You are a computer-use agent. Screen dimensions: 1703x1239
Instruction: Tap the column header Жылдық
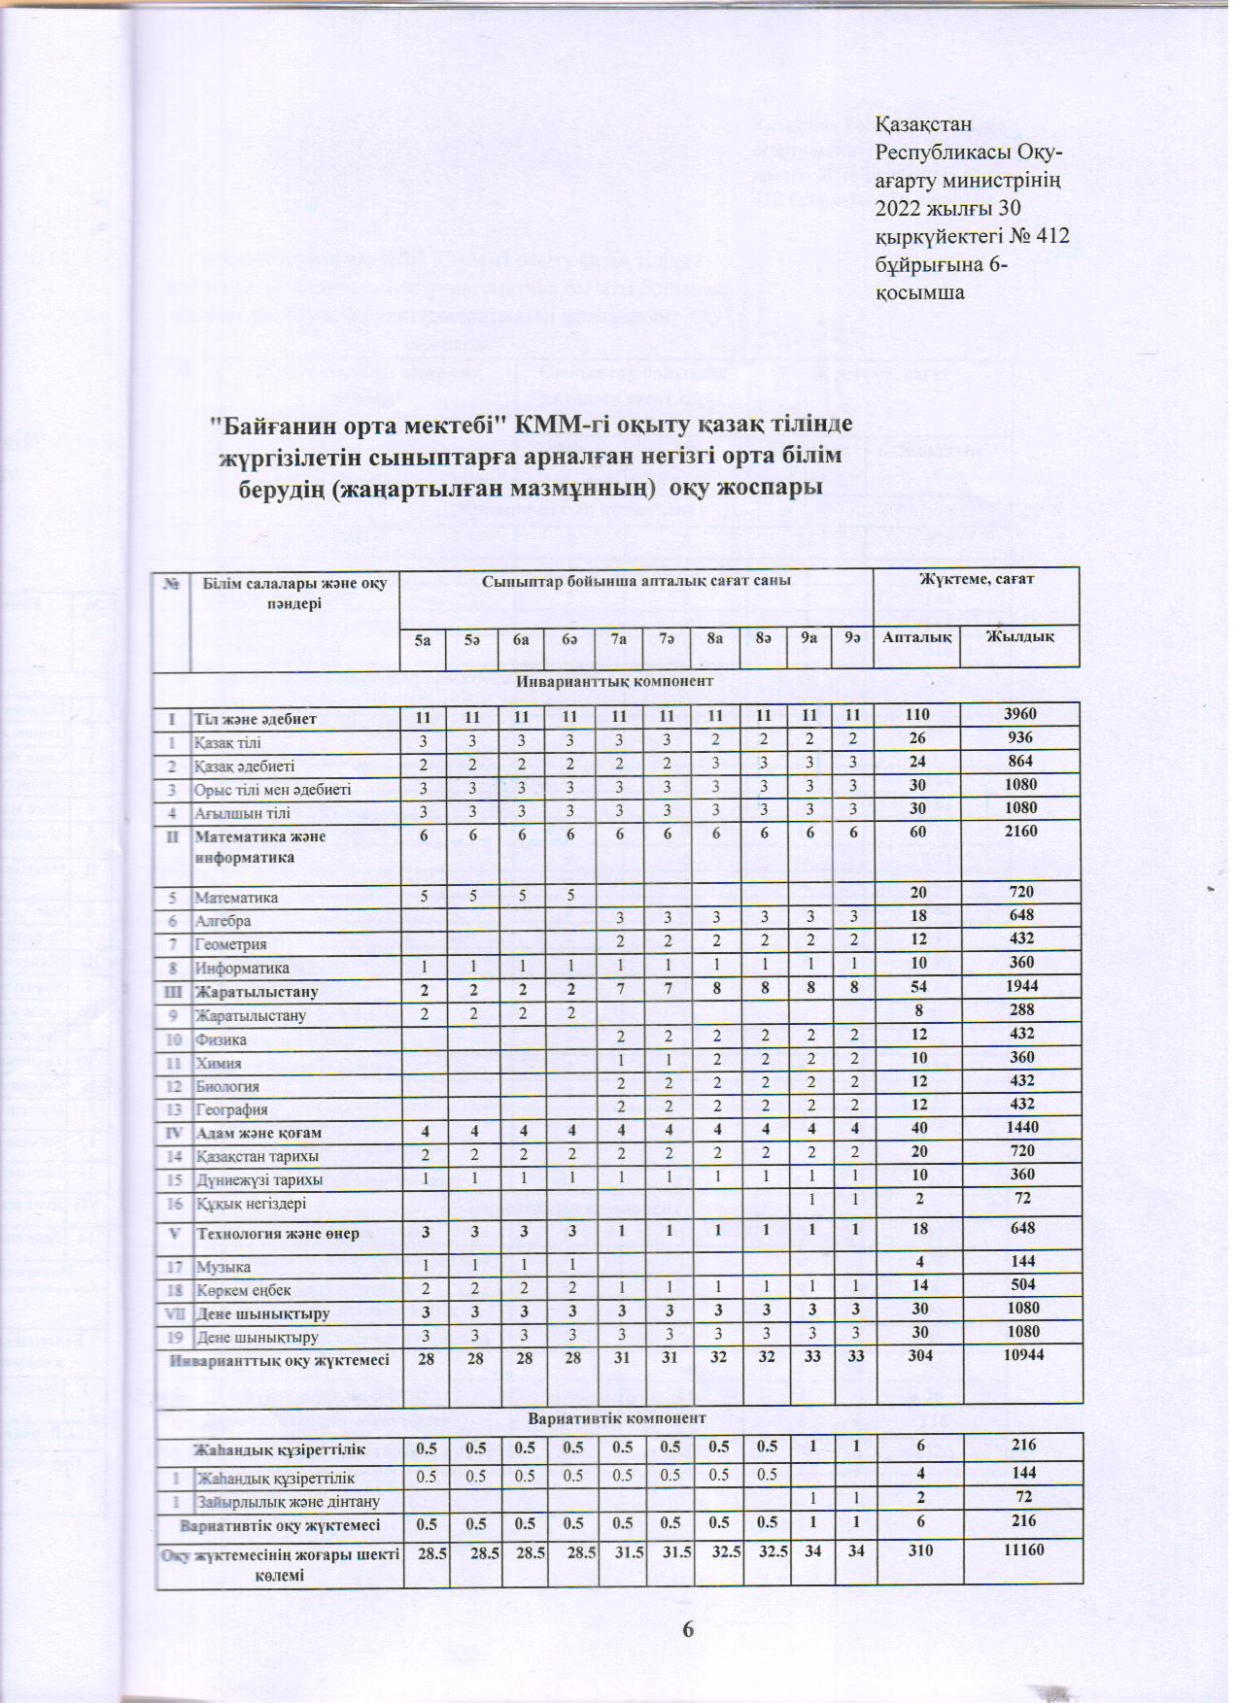click(x=1018, y=637)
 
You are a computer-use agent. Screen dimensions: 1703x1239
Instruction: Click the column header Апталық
click(x=915, y=637)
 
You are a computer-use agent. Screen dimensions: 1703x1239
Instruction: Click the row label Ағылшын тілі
click(x=242, y=811)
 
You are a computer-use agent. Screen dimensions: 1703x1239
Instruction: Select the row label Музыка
click(x=223, y=1267)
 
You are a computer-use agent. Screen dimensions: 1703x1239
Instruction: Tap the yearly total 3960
click(x=1020, y=715)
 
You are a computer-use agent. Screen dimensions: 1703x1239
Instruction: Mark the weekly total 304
click(x=915, y=1357)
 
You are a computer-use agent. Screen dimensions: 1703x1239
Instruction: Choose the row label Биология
click(x=227, y=1085)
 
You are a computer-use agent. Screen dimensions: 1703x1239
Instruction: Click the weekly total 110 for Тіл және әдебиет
click(x=915, y=715)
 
